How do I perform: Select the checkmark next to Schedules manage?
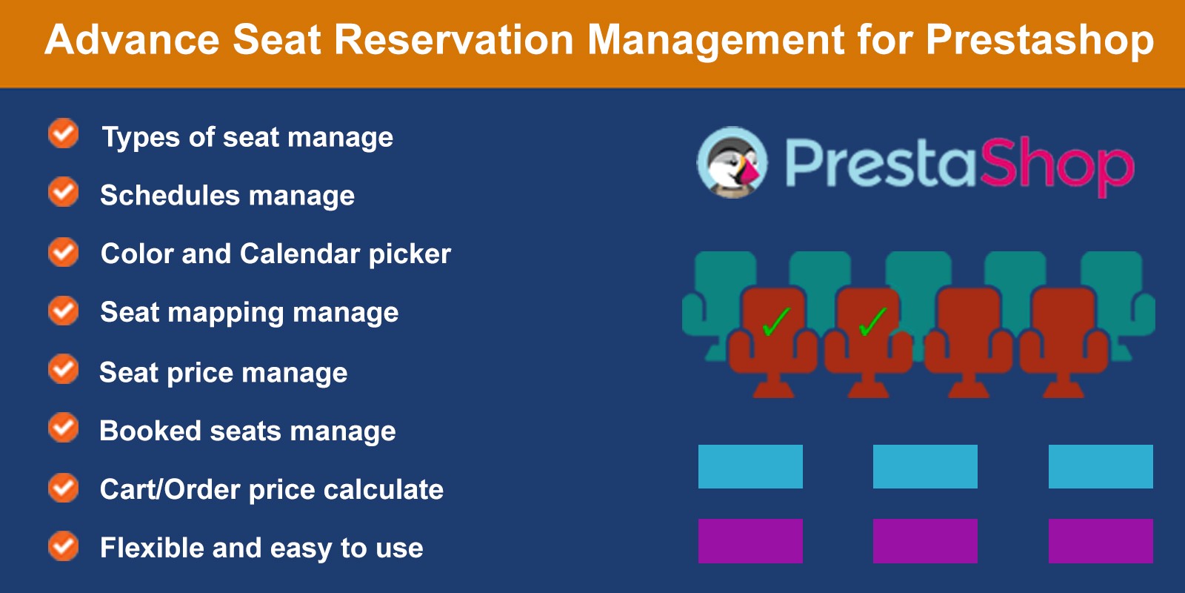coord(64,191)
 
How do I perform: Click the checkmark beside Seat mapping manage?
coord(64,311)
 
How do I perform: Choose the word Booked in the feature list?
coord(150,430)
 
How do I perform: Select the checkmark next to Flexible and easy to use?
coord(64,546)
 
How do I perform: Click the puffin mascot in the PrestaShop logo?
coord(732,162)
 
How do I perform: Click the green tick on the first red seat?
coord(777,322)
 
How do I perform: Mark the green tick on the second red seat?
coord(872,322)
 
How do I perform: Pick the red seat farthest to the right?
coord(1064,342)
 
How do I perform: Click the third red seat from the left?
coord(968,342)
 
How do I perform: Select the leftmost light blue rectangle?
coord(750,466)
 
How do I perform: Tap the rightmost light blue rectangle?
coord(1101,466)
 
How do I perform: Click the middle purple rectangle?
coord(925,540)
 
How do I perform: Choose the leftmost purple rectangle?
coord(750,540)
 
